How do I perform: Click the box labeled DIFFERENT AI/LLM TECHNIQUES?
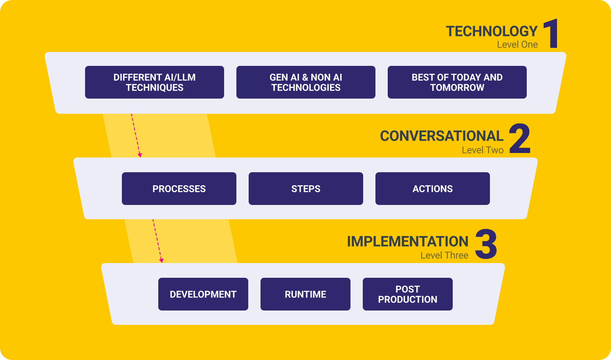click(x=154, y=82)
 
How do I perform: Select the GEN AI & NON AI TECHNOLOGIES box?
click(x=305, y=82)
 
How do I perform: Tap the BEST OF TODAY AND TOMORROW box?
click(x=457, y=82)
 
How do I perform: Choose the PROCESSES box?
click(x=179, y=189)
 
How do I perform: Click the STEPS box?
click(x=305, y=189)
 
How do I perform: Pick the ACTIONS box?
click(x=432, y=189)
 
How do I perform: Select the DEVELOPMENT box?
click(x=203, y=294)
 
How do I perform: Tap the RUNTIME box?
click(x=305, y=294)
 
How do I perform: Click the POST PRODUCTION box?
click(x=407, y=294)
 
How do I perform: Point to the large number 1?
click(x=552, y=34)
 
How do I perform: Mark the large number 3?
click(x=486, y=244)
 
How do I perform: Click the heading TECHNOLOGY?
click(x=492, y=32)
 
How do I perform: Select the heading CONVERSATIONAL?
click(x=441, y=136)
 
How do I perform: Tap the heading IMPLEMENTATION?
click(x=407, y=242)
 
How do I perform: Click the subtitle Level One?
click(x=517, y=45)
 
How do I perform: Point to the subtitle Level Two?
click(x=483, y=150)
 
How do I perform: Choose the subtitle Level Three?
click(x=444, y=255)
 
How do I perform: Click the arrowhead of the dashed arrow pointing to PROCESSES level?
click(x=140, y=155)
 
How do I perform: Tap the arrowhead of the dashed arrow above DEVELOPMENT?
click(x=161, y=260)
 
